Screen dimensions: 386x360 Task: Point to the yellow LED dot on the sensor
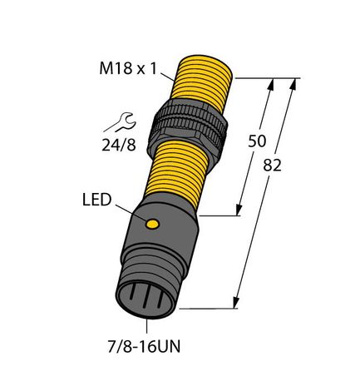coord(152,224)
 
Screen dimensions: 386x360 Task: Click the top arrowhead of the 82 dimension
coord(296,84)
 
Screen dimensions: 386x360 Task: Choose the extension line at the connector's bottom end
coord(208,307)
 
